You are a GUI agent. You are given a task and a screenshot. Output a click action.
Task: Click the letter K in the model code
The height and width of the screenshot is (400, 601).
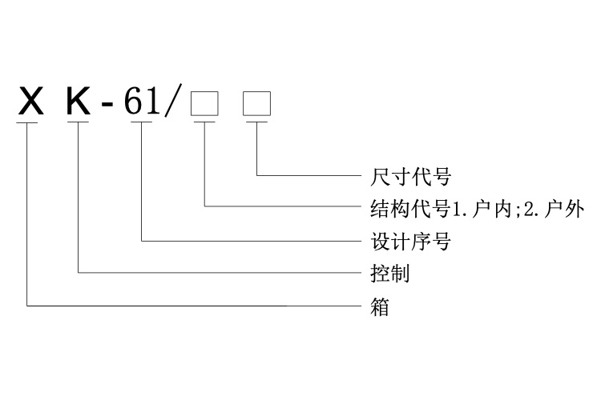tap(79, 105)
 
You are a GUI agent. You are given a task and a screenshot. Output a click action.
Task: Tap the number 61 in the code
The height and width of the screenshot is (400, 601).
tap(142, 105)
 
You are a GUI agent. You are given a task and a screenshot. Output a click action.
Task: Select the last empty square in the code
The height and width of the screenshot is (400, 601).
tap(257, 106)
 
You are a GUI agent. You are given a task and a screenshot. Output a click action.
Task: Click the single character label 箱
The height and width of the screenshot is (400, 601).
tap(380, 306)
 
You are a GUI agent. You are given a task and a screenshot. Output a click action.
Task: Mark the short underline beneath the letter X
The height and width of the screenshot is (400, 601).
tap(28, 122)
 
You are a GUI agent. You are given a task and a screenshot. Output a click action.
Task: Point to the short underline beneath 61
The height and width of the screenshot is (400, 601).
tap(142, 122)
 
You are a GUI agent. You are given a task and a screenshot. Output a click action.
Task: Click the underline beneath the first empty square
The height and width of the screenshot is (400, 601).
tap(205, 122)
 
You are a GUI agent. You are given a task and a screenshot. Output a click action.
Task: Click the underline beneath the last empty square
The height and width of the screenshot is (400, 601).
tap(257, 122)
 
